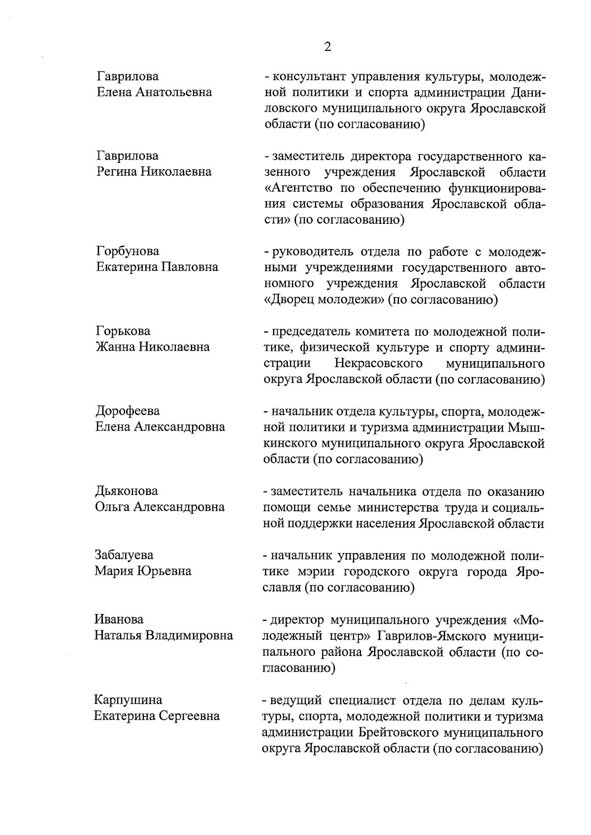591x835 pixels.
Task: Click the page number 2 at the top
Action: tap(328, 47)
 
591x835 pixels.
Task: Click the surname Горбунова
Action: tap(128, 251)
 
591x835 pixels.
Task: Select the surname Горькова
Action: tap(123, 331)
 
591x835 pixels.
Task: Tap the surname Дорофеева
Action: tap(128, 411)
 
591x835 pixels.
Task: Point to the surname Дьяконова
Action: tap(127, 491)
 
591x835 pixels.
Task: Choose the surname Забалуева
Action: tap(124, 555)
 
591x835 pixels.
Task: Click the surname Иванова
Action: tap(119, 619)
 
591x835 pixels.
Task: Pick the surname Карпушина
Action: tap(128, 700)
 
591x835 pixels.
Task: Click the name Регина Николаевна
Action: tap(154, 172)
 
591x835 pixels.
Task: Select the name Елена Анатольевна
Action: tap(154, 92)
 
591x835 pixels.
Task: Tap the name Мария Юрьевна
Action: tap(143, 571)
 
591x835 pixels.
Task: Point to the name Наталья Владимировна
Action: tap(164, 636)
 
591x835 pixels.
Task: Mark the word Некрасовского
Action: tap(379, 364)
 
